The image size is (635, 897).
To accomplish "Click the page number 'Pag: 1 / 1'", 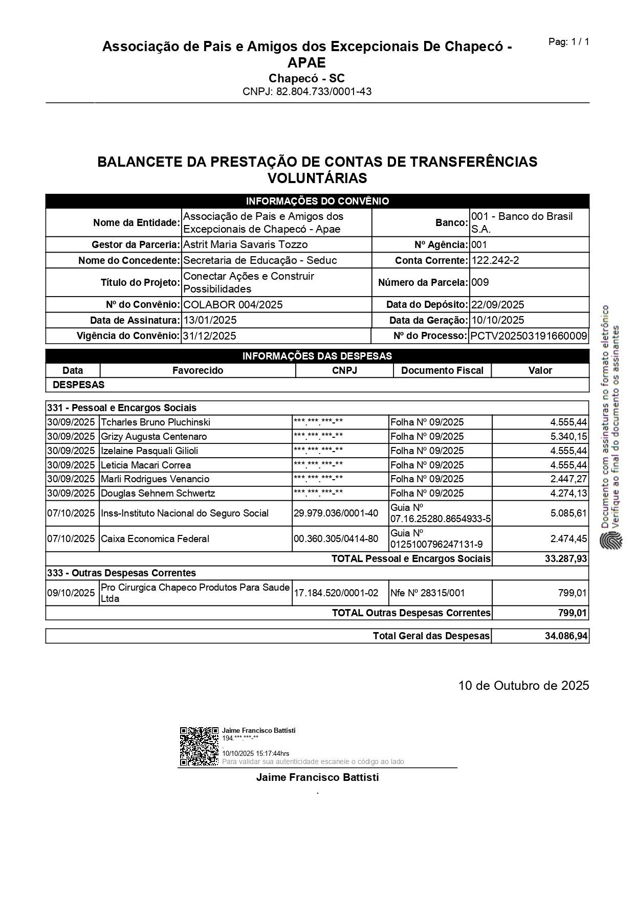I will pos(568,42).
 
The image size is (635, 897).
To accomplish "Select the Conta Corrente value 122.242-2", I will pos(495,260).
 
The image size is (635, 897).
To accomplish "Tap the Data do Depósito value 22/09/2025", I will pos(497,305).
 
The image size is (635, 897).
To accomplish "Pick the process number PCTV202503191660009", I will pos(529,336).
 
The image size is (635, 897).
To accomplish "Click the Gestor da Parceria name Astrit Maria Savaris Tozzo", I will pos(245,244).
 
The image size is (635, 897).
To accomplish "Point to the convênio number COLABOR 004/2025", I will pos(233,305).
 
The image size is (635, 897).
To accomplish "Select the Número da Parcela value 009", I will pos(480,282).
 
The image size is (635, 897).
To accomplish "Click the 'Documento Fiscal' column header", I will pos(442,370).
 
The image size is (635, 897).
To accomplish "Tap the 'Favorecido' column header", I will pos(198,370).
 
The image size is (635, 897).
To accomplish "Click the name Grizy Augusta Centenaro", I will pos(154,436).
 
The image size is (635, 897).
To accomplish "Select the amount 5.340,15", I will pos(568,436).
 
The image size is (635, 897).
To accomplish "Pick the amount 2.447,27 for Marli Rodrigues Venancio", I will pos(568,479).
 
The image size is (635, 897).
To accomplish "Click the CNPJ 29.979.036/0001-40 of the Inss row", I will pos(336,513).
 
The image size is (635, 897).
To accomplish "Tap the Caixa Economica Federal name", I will pos(155,539).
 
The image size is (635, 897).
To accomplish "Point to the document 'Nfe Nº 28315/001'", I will pos(427,593).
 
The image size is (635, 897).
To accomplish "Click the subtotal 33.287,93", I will pos(566,558).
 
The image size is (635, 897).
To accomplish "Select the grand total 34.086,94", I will pos(566,636).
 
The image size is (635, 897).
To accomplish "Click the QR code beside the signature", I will pos(199,746).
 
